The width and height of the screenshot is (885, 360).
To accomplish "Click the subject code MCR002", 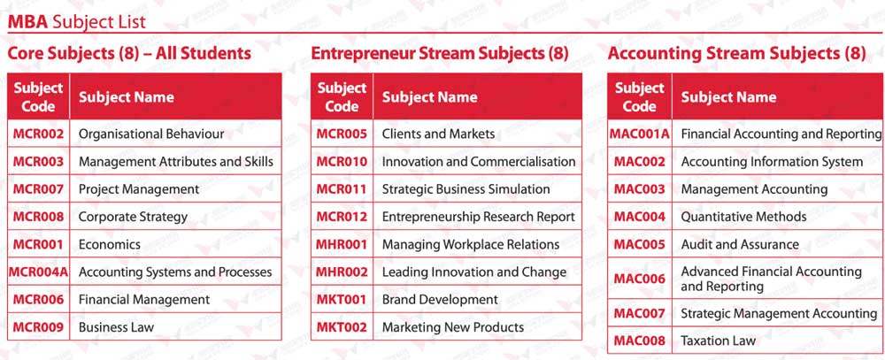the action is (38, 134).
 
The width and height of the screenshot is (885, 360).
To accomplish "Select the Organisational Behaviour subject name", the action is (151, 134).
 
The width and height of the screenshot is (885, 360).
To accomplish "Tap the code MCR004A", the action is (38, 272).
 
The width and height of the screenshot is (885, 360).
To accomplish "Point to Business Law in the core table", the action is (116, 327).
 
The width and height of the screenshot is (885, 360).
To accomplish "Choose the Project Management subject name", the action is (139, 189).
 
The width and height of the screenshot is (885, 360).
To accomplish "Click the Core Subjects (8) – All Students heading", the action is (129, 54).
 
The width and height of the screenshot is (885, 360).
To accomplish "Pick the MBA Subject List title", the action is (76, 22).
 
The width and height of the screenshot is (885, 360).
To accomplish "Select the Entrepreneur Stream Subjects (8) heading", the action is (440, 54).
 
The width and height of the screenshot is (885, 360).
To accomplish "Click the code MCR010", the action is (342, 161).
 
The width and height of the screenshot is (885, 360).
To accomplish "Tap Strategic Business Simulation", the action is (466, 189).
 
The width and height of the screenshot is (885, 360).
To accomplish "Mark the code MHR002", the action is (342, 272).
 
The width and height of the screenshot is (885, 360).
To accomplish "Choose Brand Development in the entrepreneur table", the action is (440, 300).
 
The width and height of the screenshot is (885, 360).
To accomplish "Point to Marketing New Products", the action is (453, 327).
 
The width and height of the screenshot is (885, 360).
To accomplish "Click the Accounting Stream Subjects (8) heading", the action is (737, 54).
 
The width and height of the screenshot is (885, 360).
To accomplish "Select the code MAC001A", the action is (640, 134).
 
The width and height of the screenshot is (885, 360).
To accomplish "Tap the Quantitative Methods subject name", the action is (744, 217).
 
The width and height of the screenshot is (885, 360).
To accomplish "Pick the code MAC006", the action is (640, 279).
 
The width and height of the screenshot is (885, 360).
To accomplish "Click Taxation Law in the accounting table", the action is (718, 341).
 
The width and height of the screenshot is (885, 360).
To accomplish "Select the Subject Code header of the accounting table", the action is (640, 96).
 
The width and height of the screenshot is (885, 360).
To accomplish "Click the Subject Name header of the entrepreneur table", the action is (429, 97).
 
